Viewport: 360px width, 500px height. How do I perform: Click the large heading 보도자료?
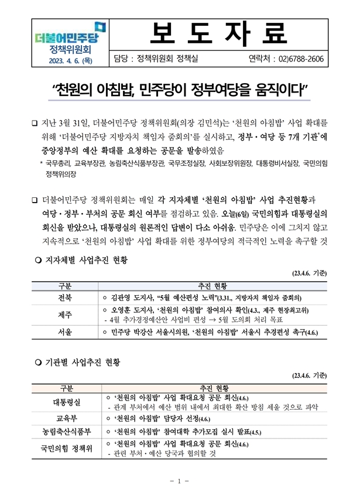pos(220,32)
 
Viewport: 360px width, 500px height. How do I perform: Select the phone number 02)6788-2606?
pos(301,59)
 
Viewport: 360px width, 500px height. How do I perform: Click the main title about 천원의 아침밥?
pos(180,90)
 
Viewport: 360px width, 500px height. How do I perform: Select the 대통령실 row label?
pos(66,402)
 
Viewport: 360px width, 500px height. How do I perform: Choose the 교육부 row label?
pos(66,419)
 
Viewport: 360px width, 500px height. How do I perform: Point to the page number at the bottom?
pos(180,481)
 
